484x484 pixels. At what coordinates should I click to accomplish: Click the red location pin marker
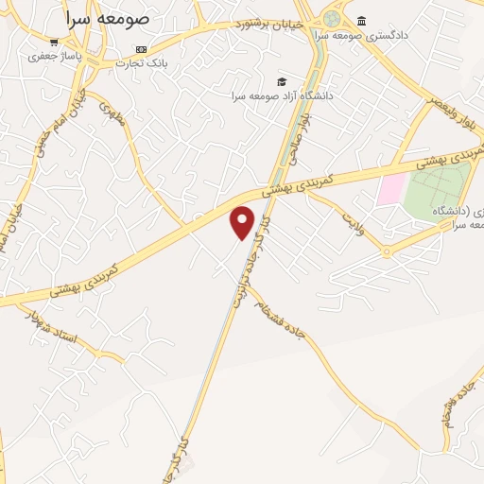243,222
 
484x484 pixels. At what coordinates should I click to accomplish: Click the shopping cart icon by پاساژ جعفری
54,42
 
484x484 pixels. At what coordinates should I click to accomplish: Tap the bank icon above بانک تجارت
142,49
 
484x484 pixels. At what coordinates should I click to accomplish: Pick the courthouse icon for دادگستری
362,21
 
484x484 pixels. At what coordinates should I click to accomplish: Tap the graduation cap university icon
280,81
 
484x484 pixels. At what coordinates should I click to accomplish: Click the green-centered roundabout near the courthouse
332,18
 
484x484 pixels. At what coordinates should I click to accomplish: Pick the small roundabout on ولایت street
387,251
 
